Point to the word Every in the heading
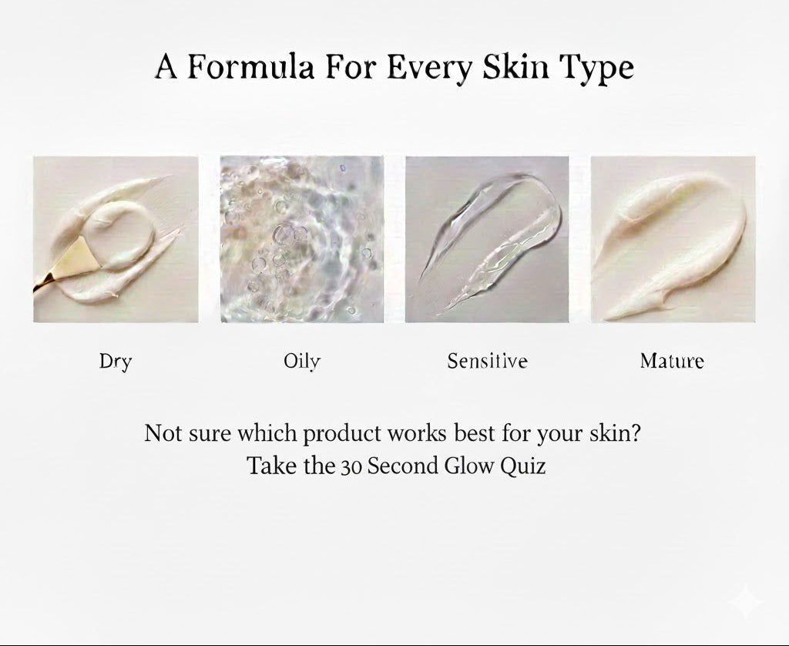[x=430, y=69]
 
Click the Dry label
[x=116, y=362]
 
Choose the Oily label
[x=302, y=362]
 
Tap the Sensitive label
[x=488, y=361]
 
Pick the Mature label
[x=672, y=361]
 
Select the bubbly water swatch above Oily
[x=302, y=239]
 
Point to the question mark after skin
[x=635, y=433]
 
